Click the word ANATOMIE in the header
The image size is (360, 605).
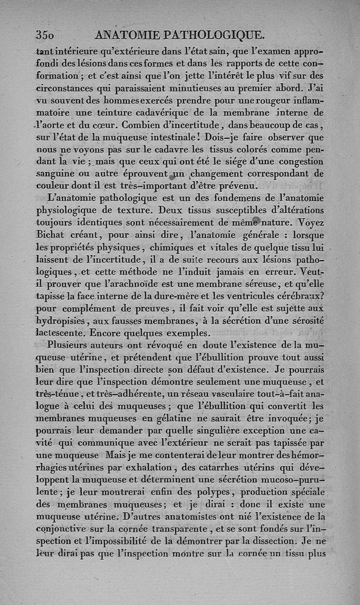125,35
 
